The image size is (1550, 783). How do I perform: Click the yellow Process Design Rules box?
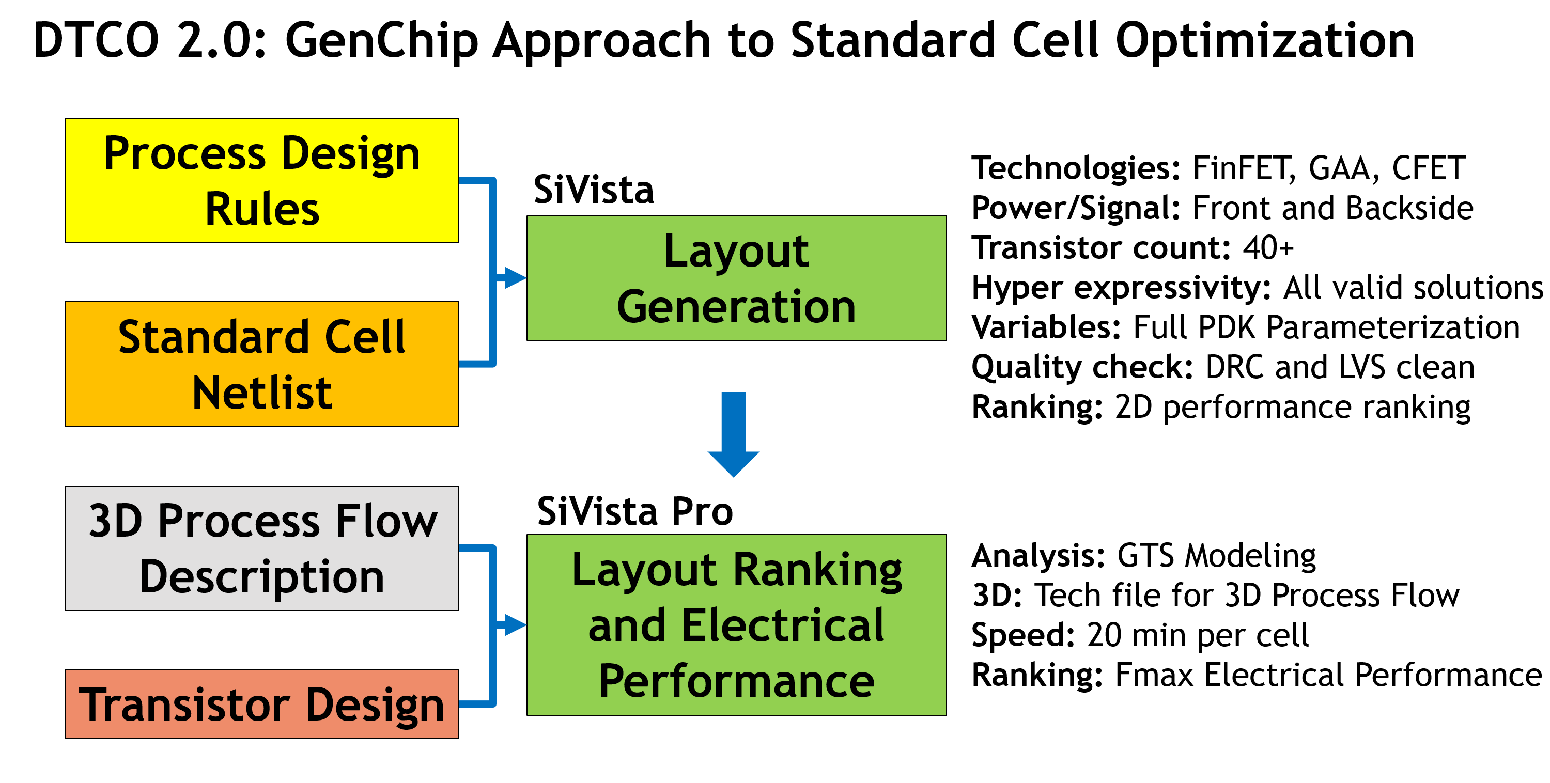pos(262,180)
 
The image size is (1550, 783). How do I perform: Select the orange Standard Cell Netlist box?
pos(262,364)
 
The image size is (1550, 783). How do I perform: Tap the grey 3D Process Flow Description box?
pos(262,548)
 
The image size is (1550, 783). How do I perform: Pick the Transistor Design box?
pos(262,703)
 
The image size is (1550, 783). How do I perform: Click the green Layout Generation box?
pos(736,278)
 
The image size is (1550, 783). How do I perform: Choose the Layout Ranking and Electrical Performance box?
pos(736,624)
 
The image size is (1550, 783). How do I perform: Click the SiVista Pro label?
pos(635,512)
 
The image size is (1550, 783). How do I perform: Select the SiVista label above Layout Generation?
pos(593,190)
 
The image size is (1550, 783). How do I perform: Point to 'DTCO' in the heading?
pos(96,41)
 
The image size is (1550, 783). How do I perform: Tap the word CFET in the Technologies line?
pos(1429,168)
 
